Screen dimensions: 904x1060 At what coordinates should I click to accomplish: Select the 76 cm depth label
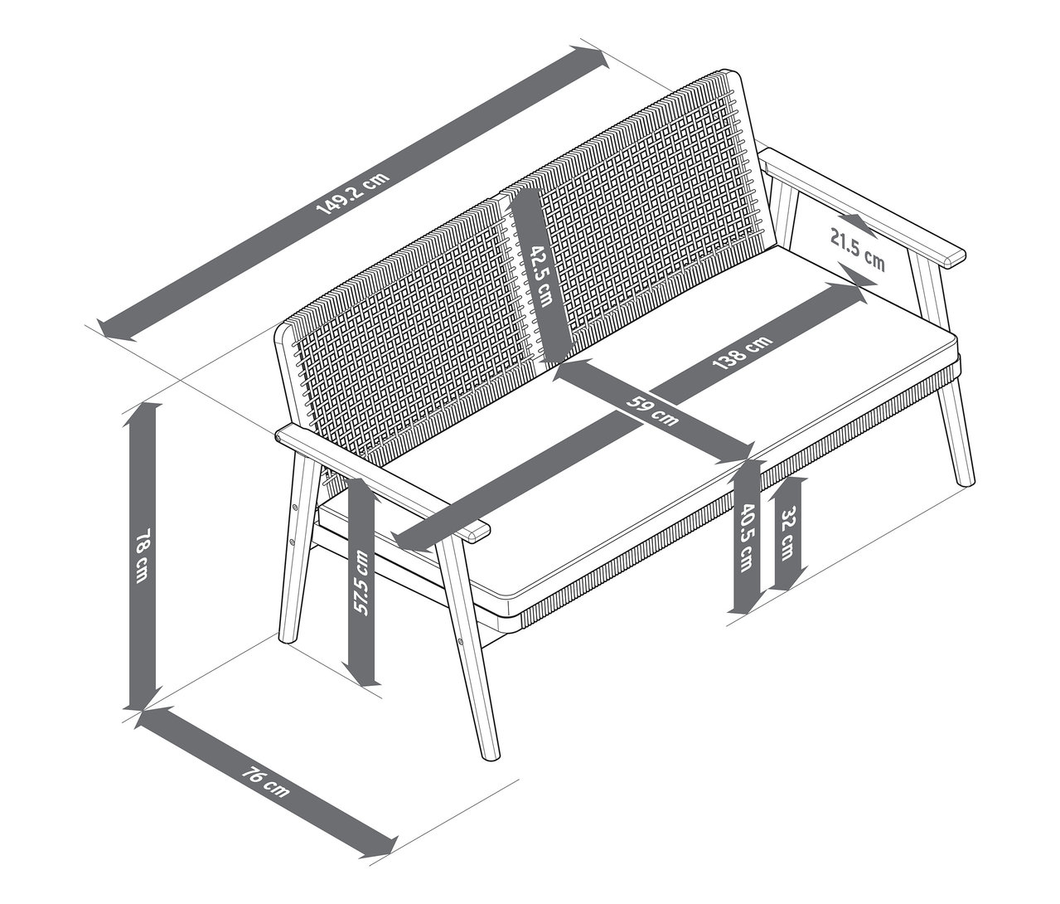tap(265, 783)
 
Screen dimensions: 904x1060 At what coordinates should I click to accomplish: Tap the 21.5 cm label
tap(858, 250)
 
